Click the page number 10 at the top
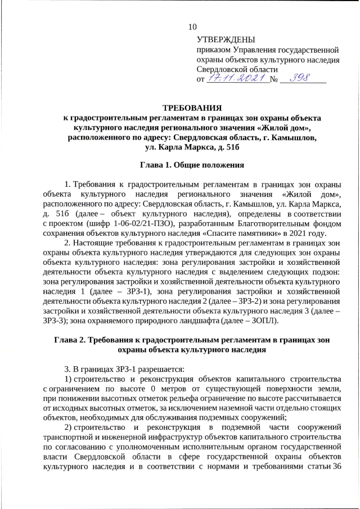pyautogui.click(x=193, y=26)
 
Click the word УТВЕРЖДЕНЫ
pyautogui.click(x=226, y=39)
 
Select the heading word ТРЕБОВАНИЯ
pyautogui.click(x=192, y=107)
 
